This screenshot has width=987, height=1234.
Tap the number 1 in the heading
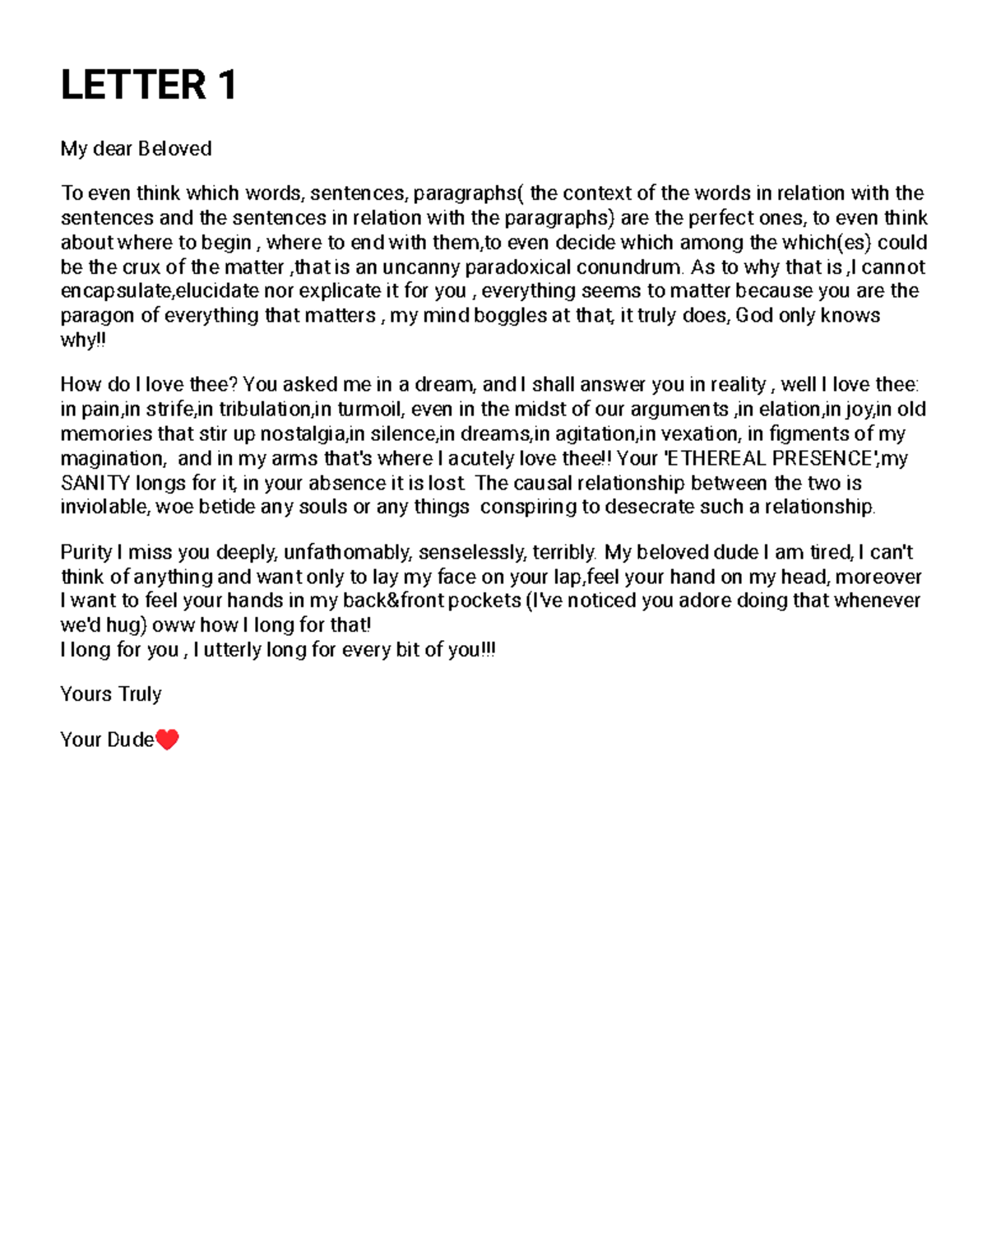click(227, 86)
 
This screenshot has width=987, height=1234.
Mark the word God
click(753, 316)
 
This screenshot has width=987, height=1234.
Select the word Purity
click(86, 553)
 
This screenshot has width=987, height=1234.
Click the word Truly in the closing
click(139, 694)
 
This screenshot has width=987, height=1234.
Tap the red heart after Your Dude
click(167, 740)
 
